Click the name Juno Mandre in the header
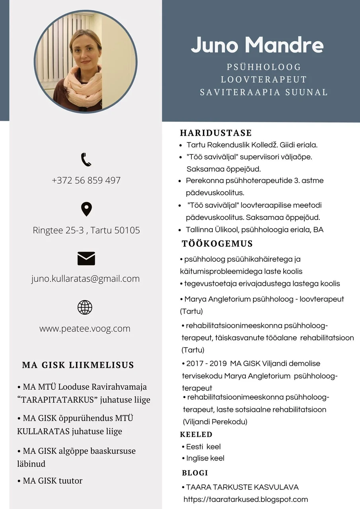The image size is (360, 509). coord(257,45)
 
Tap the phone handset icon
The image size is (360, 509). coord(86,159)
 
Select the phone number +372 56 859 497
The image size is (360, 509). coord(86,180)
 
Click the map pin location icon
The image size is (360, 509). coord(86,209)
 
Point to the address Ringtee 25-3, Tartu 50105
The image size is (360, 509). coord(86,230)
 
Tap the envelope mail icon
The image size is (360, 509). coord(86,258)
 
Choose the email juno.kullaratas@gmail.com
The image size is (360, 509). coord(86,278)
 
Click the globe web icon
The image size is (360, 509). coord(85,307)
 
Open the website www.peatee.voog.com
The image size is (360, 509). coord(85,328)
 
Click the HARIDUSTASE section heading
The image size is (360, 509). coord(216,133)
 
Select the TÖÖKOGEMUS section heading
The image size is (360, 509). coord(217,243)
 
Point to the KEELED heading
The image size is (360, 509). coord(196,434)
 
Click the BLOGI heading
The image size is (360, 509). coord(195,473)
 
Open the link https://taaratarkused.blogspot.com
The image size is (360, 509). coord(245,499)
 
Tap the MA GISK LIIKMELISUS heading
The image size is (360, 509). coord(78,365)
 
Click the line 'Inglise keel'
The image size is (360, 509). coord(205,458)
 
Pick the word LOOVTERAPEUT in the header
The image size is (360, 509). coord(264,80)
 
